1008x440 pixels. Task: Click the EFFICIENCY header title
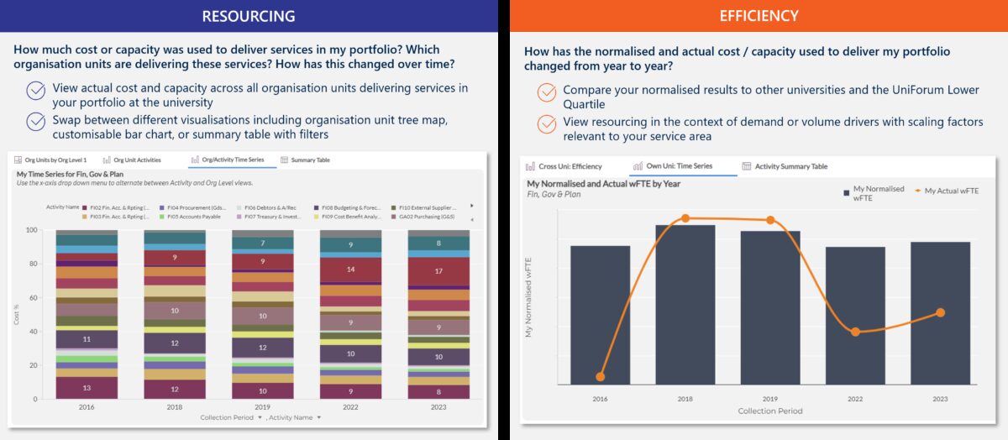coord(759,16)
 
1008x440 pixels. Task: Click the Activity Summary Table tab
coord(785,166)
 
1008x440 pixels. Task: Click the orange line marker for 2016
coord(600,377)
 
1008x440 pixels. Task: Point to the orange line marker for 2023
coord(940,312)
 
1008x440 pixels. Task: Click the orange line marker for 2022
coord(855,332)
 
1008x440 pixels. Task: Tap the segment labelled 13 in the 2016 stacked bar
coord(87,388)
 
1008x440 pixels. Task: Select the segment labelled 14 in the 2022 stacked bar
coord(350,270)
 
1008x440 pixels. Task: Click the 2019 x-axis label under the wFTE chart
coord(769,400)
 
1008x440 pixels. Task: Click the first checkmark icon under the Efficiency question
coord(547,91)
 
